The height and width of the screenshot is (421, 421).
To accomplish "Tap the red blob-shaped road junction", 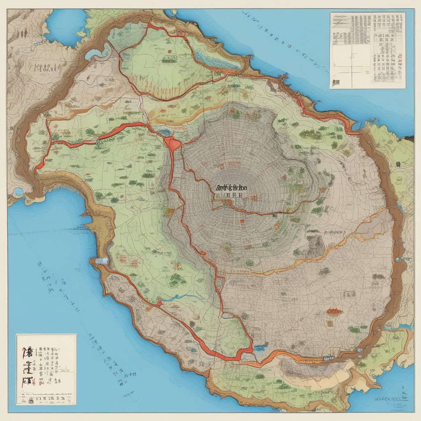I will (x=173, y=143).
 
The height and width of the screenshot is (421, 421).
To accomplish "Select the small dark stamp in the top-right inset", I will (x=336, y=82).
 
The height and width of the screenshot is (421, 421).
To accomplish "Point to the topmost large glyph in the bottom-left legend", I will (x=28, y=352).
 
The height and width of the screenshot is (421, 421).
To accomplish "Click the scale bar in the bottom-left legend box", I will (x=46, y=398).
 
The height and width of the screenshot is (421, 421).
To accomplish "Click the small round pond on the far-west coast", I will (x=18, y=192).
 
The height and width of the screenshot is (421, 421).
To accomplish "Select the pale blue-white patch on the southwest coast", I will (x=101, y=261).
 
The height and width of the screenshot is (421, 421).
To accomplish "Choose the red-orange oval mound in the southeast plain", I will (x=334, y=311).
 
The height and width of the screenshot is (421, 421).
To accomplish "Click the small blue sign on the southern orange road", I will (x=328, y=359).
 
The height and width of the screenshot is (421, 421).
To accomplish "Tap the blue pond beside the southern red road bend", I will (x=260, y=348).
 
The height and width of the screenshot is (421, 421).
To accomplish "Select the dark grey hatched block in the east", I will (x=316, y=245).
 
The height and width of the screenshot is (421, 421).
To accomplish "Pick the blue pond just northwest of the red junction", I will (x=165, y=132).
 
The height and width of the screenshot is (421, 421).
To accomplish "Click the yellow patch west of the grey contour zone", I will (x=169, y=212).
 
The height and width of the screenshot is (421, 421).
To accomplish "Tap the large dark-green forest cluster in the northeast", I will (x=311, y=134).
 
